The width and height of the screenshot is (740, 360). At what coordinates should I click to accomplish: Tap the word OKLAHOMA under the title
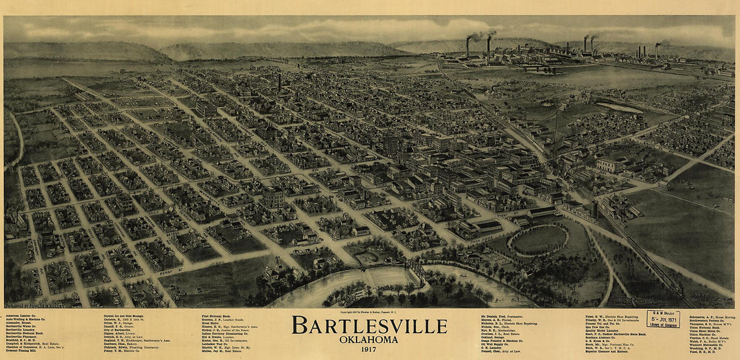tap(369, 339)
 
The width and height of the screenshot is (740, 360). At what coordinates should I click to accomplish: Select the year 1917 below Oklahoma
tap(369, 349)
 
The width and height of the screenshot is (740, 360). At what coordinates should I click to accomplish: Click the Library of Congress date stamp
tap(663, 319)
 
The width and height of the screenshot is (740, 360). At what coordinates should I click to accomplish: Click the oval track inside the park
tap(538, 239)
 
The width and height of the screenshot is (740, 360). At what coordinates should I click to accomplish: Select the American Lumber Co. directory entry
tap(21, 315)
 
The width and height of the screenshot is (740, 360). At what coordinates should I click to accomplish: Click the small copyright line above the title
tap(369, 313)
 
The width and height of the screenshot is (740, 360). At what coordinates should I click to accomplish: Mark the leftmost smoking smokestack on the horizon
tap(468, 47)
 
